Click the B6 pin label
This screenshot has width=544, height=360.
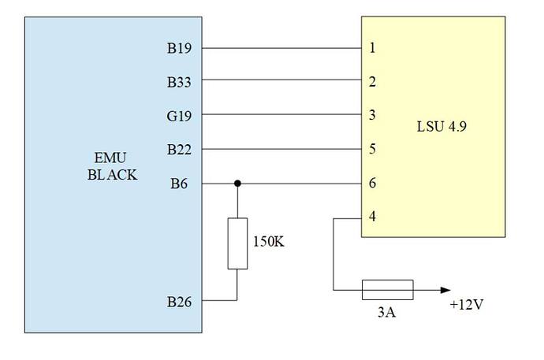(181, 184)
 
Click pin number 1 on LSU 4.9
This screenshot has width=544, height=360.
(372, 48)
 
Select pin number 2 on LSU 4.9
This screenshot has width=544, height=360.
(372, 81)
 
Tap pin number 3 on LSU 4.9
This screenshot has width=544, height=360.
(372, 115)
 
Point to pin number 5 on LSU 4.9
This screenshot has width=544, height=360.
(372, 149)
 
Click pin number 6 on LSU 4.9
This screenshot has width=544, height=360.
(372, 184)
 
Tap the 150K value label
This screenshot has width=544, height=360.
(268, 242)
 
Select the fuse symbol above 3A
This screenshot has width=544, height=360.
(387, 289)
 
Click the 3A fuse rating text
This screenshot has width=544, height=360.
(386, 313)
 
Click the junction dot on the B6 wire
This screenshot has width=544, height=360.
(237, 184)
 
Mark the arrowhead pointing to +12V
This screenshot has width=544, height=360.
(446, 289)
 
